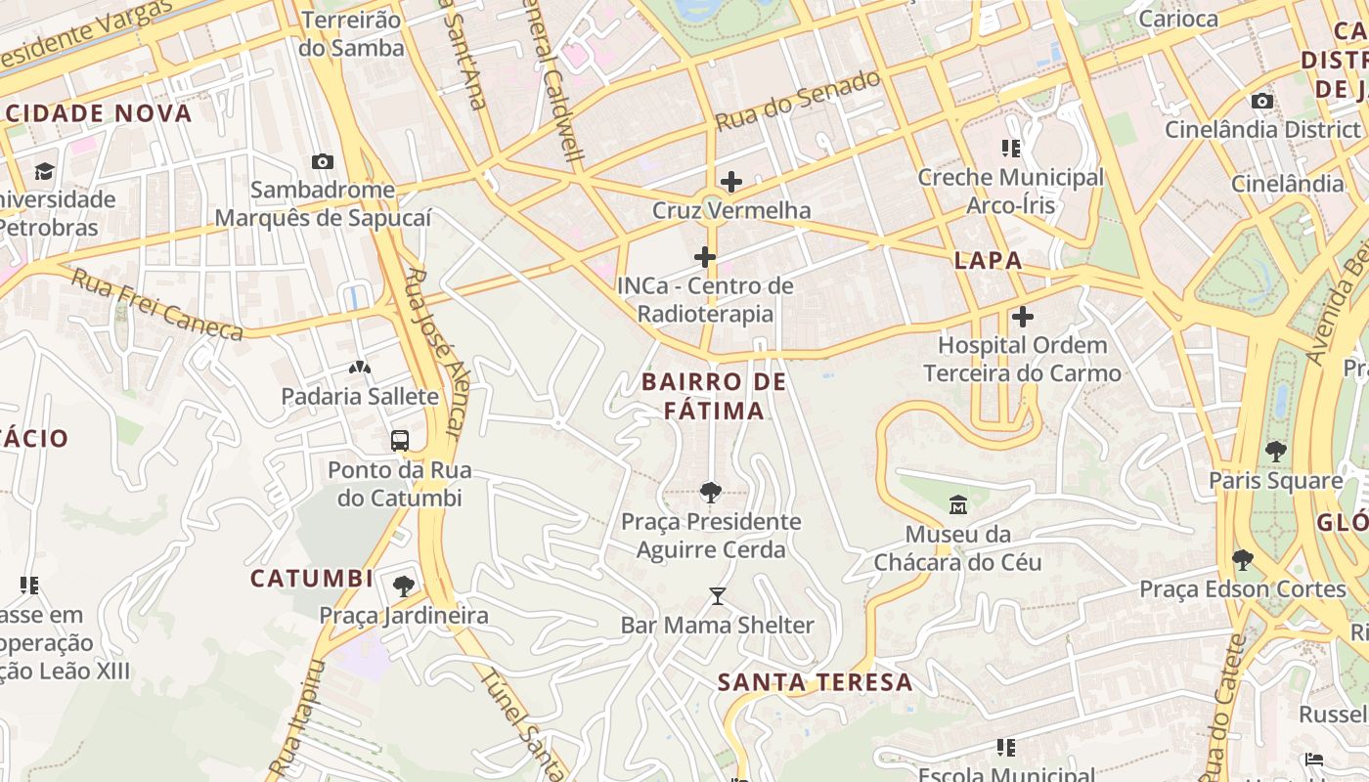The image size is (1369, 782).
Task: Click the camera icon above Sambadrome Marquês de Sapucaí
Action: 322,161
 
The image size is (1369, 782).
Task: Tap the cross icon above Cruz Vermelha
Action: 730,181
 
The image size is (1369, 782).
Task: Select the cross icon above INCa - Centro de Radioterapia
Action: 704,257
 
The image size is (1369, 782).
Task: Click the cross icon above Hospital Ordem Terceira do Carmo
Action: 1022,317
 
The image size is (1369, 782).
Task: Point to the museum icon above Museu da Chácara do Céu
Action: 957,505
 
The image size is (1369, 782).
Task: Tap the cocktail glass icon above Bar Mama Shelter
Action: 718,595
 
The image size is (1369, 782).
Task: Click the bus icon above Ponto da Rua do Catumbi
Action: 399,440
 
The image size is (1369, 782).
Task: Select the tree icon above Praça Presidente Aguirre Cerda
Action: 711,493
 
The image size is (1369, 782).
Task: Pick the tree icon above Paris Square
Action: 1275,451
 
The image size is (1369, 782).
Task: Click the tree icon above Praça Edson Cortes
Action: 1242,560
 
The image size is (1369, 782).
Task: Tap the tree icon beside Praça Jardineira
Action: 403,586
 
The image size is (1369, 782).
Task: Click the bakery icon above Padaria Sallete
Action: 360,368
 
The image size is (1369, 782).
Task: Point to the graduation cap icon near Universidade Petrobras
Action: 44,171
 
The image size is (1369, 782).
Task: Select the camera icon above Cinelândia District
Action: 1261,101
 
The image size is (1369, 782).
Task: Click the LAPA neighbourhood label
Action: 988,260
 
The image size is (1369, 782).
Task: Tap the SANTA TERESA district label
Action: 816,682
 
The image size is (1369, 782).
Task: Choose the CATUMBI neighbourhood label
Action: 311,578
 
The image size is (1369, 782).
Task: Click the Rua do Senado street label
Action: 798,102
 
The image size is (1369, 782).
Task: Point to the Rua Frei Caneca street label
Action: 156,305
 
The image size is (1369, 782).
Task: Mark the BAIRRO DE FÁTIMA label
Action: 714,396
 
